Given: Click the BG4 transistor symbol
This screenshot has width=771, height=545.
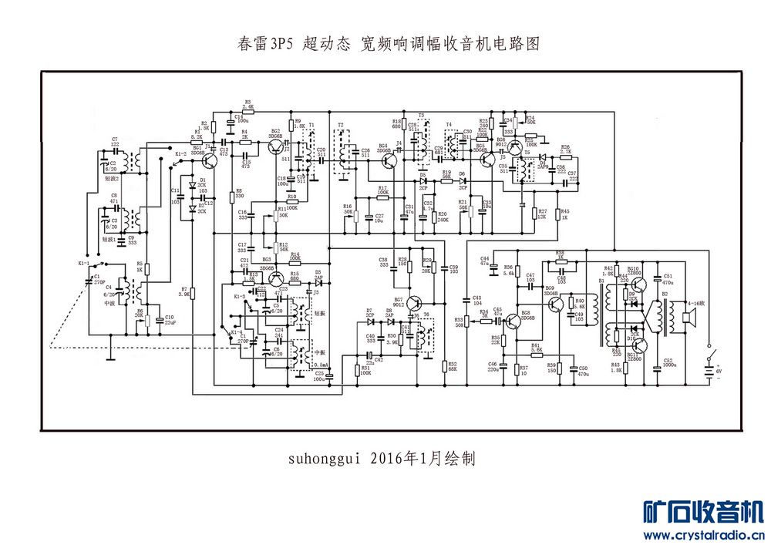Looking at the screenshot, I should click(x=390, y=161).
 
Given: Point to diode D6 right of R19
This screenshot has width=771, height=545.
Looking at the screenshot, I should click(x=463, y=182).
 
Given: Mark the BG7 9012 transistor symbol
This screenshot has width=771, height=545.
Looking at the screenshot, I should click(x=416, y=302).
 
